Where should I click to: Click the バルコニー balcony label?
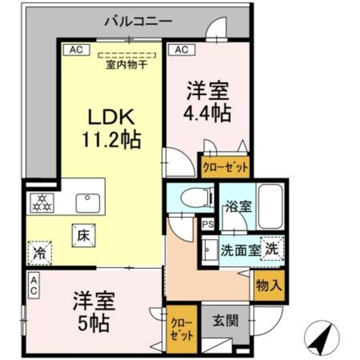(x=138, y=22)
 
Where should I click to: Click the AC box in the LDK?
(x=76, y=49)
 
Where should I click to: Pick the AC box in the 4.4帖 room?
(x=181, y=49)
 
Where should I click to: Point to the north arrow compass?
(x=323, y=338)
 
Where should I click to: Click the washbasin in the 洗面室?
(x=210, y=247)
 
